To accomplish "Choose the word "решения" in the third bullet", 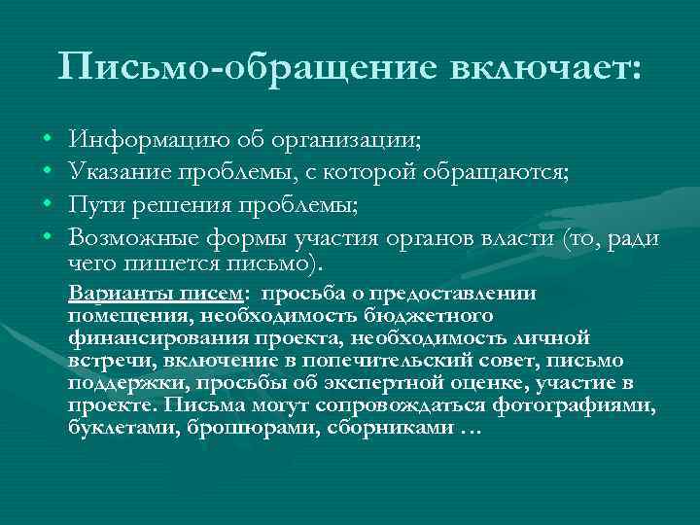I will pyautogui.click(x=186, y=206).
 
